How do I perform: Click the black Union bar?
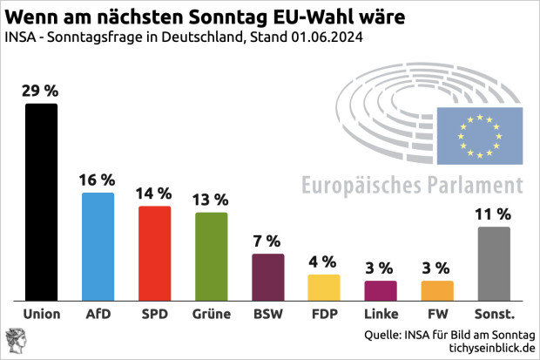point(41,201)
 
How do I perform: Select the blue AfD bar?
point(98,246)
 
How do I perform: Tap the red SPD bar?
point(154,253)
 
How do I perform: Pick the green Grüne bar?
point(211,255)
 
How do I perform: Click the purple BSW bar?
point(267,276)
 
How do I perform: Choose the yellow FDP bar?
point(324,287)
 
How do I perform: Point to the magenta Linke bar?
point(381,289)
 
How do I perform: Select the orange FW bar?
point(437,289)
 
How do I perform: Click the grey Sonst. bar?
point(494,263)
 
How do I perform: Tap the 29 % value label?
point(41,91)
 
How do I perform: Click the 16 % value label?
point(98,180)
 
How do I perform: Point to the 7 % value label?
point(267,241)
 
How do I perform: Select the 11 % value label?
point(494,213)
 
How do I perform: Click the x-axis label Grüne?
point(211,314)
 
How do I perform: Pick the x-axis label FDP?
point(324,314)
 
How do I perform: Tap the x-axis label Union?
point(41,314)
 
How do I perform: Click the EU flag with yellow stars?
point(479,135)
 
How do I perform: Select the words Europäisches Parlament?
point(412,185)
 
